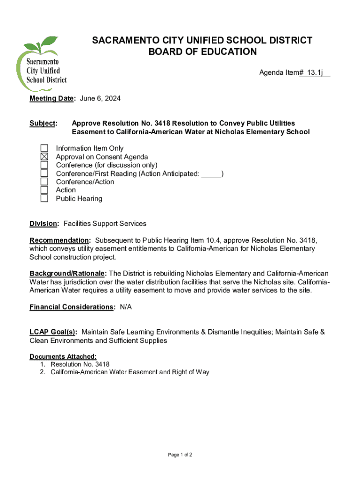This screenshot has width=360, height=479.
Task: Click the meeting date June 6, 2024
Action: point(101,98)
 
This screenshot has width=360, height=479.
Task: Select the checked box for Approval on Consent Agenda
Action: point(44,157)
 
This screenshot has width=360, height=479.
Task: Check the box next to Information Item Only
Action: point(44,148)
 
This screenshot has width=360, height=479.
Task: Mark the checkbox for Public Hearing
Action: point(44,198)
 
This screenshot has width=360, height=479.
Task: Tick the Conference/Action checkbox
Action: point(44,181)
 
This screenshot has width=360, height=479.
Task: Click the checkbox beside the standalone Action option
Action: point(44,190)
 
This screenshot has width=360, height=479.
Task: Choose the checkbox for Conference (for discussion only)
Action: point(44,165)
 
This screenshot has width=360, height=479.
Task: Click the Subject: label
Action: point(43,123)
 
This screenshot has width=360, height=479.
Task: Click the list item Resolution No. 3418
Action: point(80,364)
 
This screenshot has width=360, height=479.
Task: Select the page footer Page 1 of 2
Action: point(180,455)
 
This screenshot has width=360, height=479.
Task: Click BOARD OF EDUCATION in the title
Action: point(202,52)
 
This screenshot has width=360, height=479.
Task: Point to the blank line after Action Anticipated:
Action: point(211,174)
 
